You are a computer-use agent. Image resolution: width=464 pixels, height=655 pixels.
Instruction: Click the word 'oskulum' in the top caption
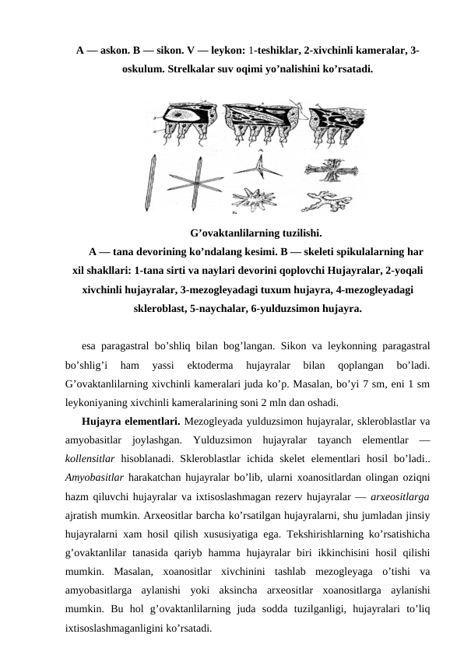(x=145, y=68)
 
